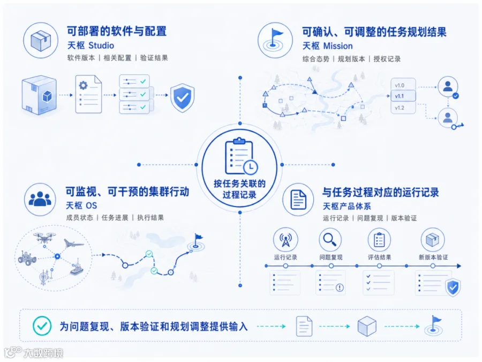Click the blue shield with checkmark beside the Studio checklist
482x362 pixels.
click(182, 97)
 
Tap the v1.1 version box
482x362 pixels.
click(403, 96)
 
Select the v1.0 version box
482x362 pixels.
click(403, 85)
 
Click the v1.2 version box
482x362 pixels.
click(403, 108)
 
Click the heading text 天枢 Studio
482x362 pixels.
click(91, 46)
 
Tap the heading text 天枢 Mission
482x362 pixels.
click(327, 46)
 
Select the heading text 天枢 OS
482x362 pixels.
click(81, 205)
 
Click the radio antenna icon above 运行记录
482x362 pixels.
click(285, 240)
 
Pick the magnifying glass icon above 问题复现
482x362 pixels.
click(330, 240)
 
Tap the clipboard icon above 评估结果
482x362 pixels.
click(379, 240)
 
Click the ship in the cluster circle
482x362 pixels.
click(77, 268)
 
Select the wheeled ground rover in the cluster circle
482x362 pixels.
click(27, 257)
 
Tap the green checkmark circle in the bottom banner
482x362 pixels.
click(42, 326)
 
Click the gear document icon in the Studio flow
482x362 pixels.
click(88, 94)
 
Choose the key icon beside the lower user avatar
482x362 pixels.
click(457, 125)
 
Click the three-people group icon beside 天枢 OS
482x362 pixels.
click(40, 199)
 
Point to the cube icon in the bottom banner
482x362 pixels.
click(367, 326)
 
